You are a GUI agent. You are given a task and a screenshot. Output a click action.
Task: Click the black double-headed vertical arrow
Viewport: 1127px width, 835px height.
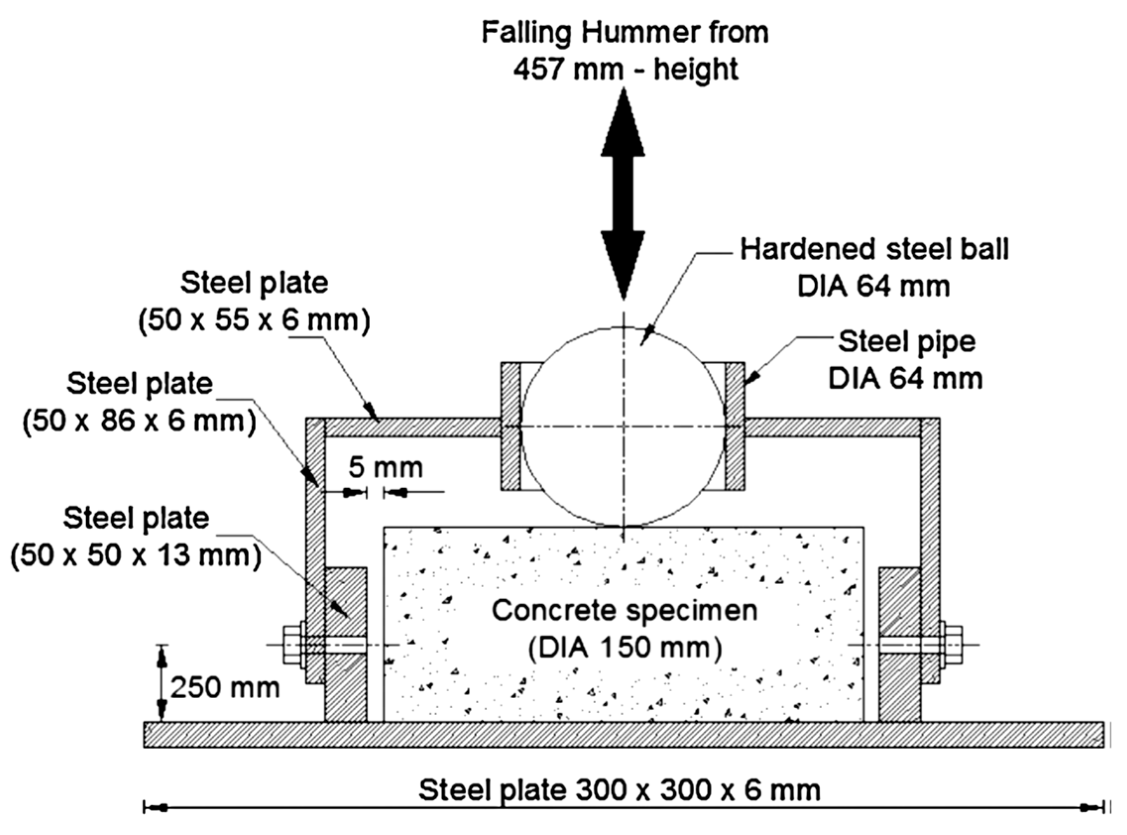[622, 195]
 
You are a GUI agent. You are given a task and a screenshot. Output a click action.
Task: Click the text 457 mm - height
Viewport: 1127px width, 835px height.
[625, 69]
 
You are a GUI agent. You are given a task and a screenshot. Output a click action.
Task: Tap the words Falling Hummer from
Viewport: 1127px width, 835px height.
[625, 32]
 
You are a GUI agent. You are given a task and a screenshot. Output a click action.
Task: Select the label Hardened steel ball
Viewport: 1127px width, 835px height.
[874, 250]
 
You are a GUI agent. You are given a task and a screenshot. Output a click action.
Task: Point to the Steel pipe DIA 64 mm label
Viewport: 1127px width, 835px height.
[905, 360]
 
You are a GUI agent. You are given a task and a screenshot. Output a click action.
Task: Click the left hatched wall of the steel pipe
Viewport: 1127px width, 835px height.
[510, 426]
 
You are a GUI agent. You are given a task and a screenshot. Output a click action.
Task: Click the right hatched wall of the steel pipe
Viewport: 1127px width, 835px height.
[735, 426]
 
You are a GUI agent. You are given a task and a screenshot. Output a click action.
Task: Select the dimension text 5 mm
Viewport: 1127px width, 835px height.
[386, 467]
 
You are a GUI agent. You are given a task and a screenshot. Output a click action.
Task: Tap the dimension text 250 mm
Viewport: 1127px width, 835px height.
[225, 688]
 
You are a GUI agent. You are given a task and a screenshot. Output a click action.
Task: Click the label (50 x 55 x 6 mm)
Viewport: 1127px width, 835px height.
[254, 320]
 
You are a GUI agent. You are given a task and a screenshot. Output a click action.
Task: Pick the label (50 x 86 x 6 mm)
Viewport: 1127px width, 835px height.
[139, 421]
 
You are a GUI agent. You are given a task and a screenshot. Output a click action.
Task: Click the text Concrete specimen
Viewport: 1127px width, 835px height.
[624, 611]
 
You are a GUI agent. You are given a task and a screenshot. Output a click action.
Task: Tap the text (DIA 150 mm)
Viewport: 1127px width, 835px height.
[625, 648]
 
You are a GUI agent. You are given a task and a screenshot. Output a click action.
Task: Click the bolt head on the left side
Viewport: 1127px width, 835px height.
[292, 644]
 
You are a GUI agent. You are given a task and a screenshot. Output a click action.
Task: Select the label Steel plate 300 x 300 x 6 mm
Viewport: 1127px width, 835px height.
[620, 790]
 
